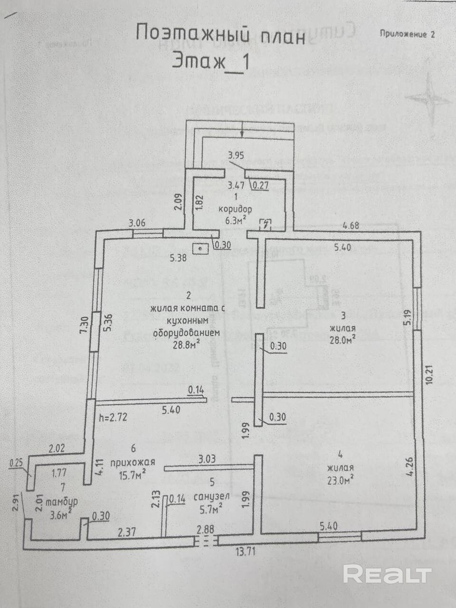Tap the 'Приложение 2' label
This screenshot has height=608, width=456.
[x=407, y=34]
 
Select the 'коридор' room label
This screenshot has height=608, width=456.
[x=235, y=209]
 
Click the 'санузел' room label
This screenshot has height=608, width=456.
[x=212, y=496]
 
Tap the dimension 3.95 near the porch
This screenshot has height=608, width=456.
[x=237, y=155]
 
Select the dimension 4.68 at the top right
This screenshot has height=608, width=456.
[x=351, y=226]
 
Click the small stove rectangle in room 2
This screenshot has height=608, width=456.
[x=200, y=248]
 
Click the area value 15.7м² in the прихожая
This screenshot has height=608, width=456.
[x=128, y=474]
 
